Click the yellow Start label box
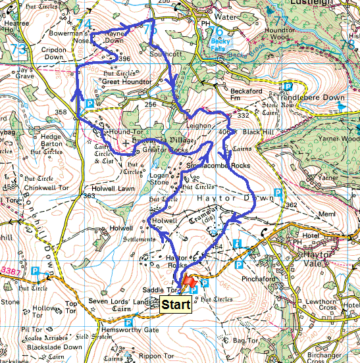tap(176, 305)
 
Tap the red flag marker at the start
tap(189, 281)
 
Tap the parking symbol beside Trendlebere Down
tap(287, 86)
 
